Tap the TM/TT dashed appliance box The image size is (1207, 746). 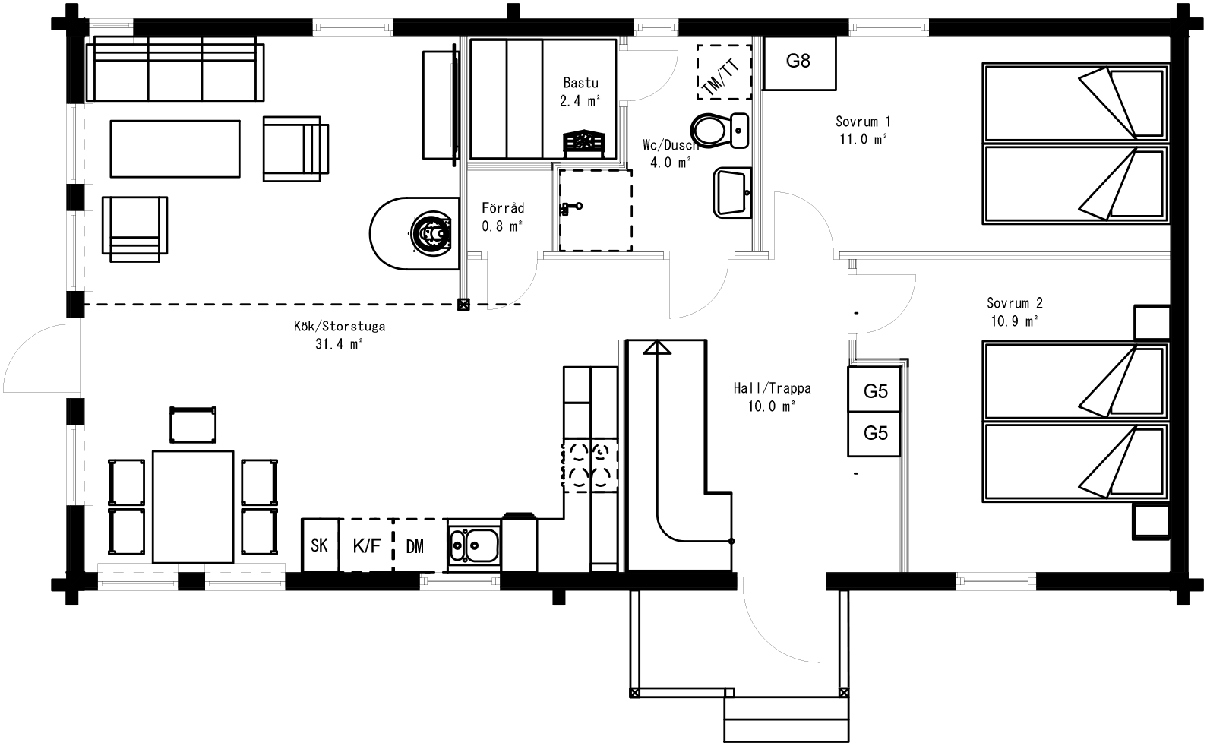click(x=723, y=72)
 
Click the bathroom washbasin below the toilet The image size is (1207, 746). click(x=731, y=193)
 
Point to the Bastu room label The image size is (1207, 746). click(x=581, y=83)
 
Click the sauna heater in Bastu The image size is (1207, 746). click(x=583, y=143)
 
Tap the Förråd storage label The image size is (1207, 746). click(x=502, y=208)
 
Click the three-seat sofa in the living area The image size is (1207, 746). click(x=175, y=71)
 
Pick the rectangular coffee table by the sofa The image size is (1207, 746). click(x=175, y=148)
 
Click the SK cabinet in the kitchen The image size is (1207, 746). click(x=320, y=545)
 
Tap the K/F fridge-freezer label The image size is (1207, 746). click(x=367, y=545)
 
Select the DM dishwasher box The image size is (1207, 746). click(x=415, y=546)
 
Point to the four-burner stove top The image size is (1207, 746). click(x=589, y=465)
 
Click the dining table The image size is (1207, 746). click(x=193, y=507)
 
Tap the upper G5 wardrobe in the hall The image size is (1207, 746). click(x=875, y=391)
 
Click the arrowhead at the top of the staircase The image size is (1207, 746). click(x=656, y=347)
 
